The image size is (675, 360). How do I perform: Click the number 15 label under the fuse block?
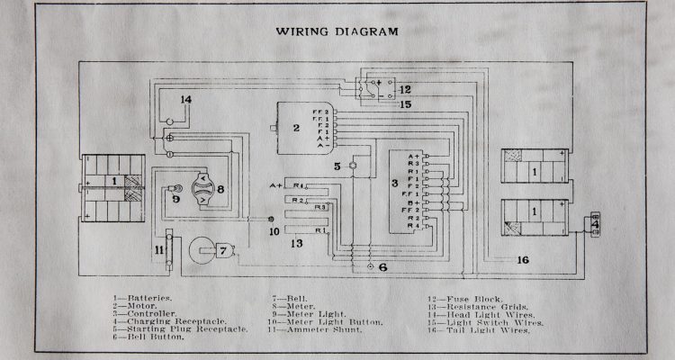pyautogui.click(x=405, y=105)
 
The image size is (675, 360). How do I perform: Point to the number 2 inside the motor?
pyautogui.click(x=295, y=129)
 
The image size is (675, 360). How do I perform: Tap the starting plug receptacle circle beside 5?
pyautogui.click(x=354, y=166)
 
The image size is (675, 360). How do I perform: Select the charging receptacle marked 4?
pyautogui.click(x=593, y=223)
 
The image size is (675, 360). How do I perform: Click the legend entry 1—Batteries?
pyautogui.click(x=140, y=297)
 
